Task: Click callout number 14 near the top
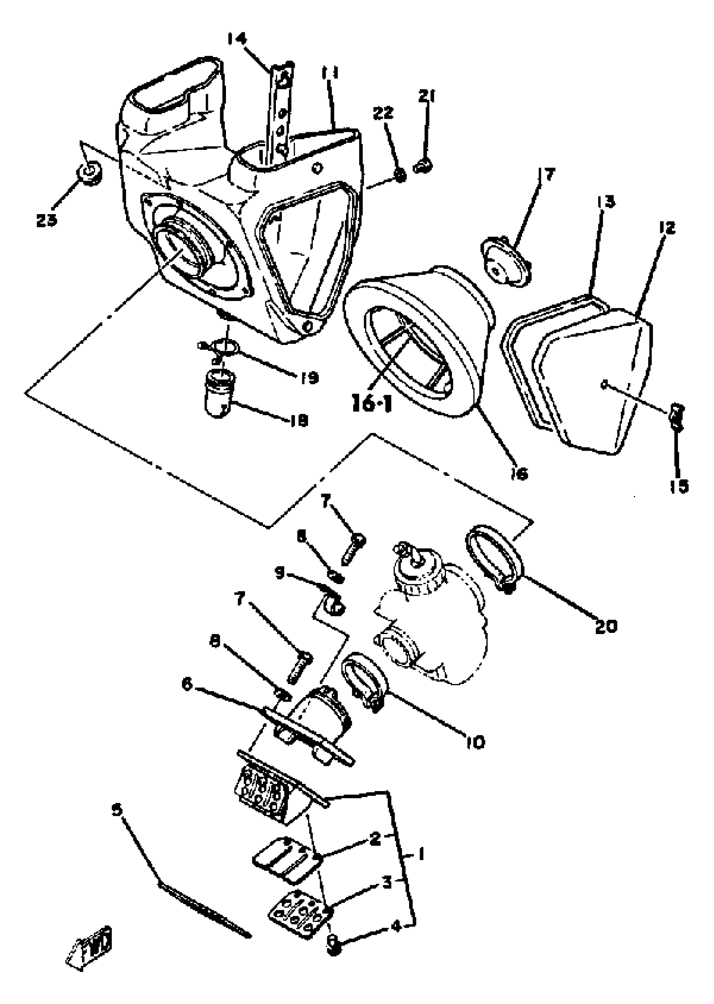(x=237, y=39)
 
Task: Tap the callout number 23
(x=47, y=220)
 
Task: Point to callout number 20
(x=606, y=627)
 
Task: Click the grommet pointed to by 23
(x=89, y=172)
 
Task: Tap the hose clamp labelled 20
(x=494, y=556)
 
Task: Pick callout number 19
(x=310, y=377)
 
